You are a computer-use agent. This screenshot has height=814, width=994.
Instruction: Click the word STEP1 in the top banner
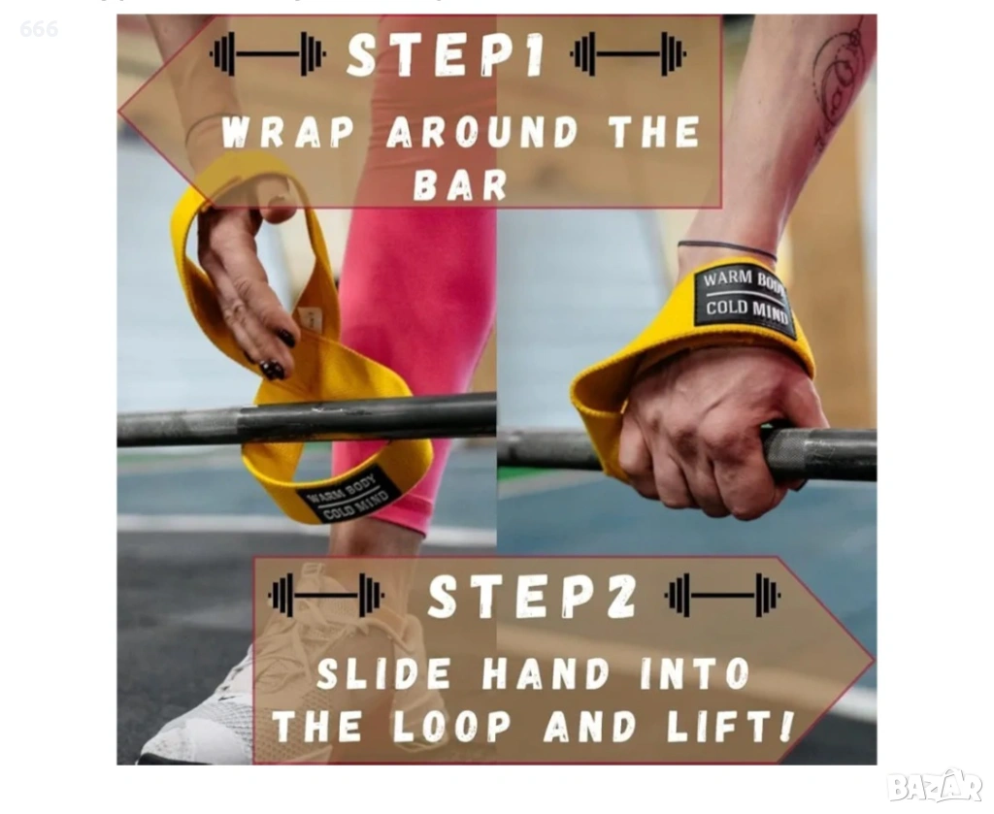click(446, 55)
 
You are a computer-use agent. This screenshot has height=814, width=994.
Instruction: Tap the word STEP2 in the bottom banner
click(532, 596)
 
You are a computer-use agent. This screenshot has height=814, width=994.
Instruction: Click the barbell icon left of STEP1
click(268, 54)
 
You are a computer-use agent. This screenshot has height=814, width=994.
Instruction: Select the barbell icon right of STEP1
click(628, 54)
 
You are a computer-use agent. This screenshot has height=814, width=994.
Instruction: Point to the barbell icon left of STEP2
click(326, 596)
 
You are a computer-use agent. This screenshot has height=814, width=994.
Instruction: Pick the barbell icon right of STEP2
click(722, 596)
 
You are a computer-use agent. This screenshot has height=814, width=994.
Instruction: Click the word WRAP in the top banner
click(287, 132)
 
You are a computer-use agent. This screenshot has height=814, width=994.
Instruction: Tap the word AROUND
click(481, 132)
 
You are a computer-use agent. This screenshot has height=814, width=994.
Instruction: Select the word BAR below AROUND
click(461, 184)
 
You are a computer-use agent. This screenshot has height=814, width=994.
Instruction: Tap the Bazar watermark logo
click(935, 787)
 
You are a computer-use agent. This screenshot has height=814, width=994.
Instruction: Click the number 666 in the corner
click(39, 28)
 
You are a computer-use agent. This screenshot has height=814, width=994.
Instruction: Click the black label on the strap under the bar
click(348, 496)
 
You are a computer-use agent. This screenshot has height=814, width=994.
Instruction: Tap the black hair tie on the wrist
click(726, 247)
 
